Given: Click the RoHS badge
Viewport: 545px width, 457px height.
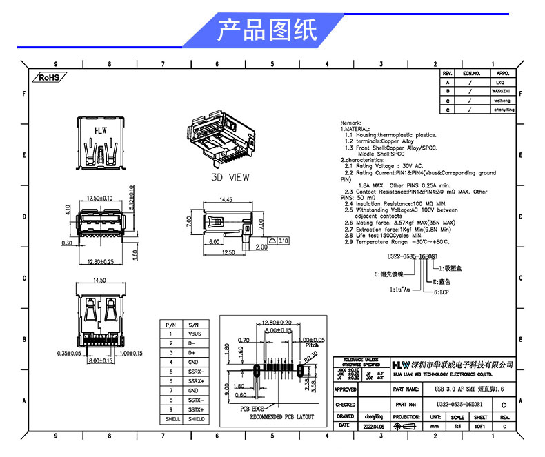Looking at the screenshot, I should point(50,78).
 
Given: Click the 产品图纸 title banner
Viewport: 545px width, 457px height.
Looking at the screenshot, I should point(268,30).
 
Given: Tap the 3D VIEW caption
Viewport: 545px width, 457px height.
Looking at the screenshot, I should point(230,177).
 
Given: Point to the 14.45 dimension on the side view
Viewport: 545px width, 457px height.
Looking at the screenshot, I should point(225,200).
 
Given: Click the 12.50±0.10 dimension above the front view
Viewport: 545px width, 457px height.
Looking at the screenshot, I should point(100,199).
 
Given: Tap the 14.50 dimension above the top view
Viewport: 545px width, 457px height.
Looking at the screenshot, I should point(99,280).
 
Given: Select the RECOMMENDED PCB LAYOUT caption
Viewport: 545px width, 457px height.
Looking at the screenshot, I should point(281,417).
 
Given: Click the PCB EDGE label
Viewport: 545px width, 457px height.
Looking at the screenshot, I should point(252,409).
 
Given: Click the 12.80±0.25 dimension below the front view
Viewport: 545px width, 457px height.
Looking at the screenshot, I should point(101,262).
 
